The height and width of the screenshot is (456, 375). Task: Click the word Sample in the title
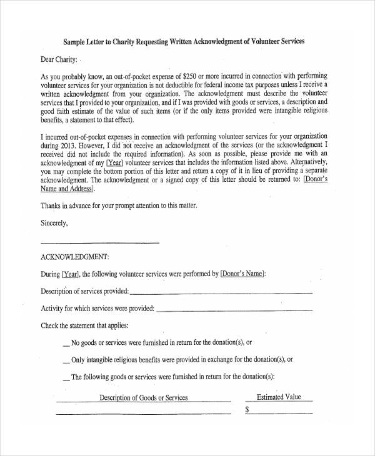76,42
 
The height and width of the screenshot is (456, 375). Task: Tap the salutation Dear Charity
59,60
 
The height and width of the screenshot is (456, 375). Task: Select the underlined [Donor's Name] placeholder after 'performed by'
242,274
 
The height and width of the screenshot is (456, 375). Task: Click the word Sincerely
54,222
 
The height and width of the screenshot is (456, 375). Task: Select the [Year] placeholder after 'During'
70,274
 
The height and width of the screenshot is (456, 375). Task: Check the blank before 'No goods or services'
67,344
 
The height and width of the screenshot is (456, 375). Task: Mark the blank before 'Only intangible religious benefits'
67,361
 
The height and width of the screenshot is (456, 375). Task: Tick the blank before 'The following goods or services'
67,378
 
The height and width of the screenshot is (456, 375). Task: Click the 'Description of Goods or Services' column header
144,398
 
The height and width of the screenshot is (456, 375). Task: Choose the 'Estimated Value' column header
279,397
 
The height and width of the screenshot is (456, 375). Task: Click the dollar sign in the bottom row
247,410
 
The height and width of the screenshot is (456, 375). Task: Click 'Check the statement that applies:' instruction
84,325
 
